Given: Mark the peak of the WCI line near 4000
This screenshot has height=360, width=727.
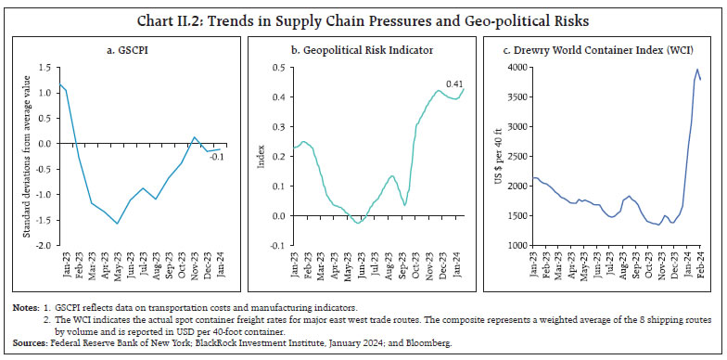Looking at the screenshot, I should click(696, 70).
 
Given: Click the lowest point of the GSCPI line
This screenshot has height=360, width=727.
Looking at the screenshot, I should click(117, 224).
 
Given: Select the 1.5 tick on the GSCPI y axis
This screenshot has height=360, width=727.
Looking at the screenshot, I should click(45, 68).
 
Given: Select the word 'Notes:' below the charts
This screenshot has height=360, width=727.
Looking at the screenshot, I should click(23, 307).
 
